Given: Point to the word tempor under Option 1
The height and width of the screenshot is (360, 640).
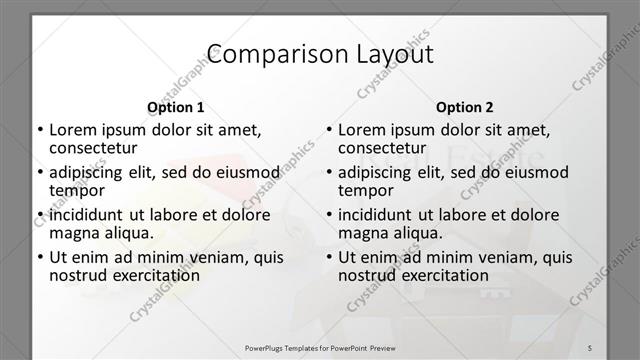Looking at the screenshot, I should pos(76,190).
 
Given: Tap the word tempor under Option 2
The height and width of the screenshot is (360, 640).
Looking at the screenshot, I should pos(365,190).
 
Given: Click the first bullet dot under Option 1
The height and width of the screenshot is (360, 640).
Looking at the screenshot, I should pos(39,130).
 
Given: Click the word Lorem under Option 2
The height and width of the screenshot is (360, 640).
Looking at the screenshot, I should pos(361,129).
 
